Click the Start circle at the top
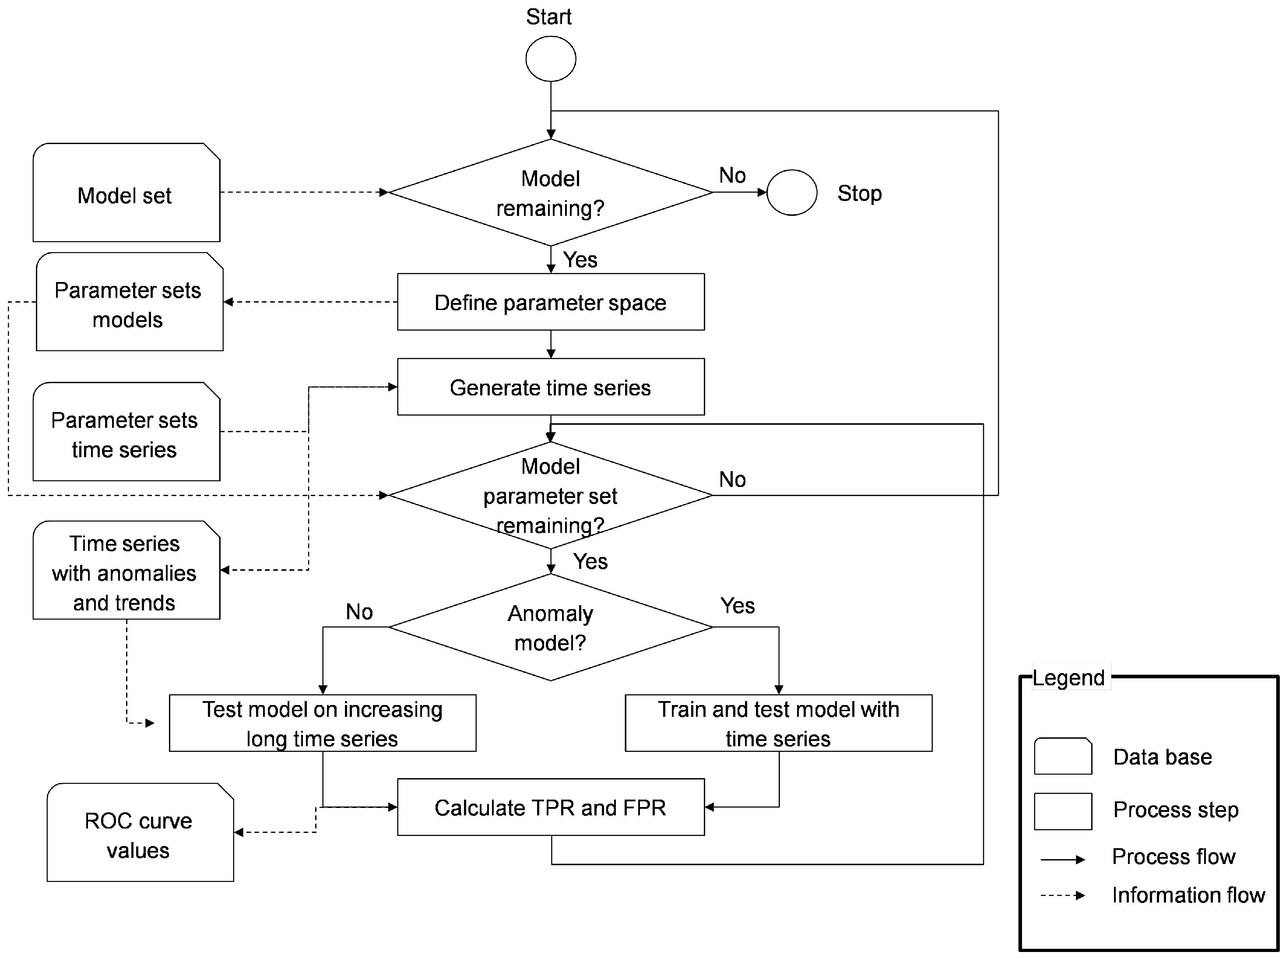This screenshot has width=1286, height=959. pos(550,59)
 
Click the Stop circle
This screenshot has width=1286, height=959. pos(791,193)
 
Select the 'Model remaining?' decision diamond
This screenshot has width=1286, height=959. pos(550,193)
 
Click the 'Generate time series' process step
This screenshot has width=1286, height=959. pos(550,387)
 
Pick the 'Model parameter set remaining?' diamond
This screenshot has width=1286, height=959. pos(550,495)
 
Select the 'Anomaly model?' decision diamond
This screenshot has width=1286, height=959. pos(550,628)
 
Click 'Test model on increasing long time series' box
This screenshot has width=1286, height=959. pos(323,723)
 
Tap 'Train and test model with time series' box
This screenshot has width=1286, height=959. pos(778,723)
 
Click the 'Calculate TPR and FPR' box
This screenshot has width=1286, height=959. pos(550,807)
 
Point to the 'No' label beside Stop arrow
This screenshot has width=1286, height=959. pos(732,175)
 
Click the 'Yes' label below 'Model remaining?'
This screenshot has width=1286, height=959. pos(580,260)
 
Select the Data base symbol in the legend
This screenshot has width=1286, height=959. pos(1063,756)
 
